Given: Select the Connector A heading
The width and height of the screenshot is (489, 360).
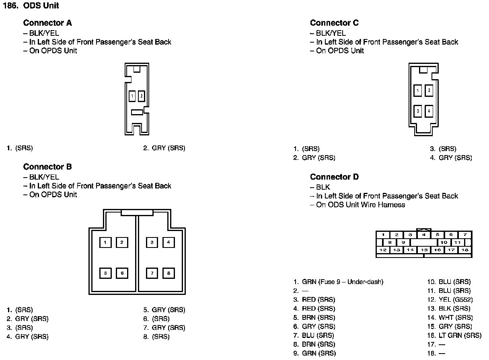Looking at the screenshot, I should coord(47,23).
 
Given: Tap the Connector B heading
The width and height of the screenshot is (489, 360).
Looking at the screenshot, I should coord(47,167).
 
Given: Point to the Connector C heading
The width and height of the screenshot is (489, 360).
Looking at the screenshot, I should coord(334,23).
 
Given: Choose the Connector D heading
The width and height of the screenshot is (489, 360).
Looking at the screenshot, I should coord(334,177).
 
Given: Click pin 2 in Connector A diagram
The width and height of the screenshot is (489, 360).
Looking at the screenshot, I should coord(142,96).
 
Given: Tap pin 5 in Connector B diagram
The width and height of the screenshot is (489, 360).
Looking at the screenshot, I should coord(105,273).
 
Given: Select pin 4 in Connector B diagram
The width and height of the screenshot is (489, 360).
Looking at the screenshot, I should coord(168,242).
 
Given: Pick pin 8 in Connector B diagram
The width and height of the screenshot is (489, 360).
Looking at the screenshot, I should coord(168,273).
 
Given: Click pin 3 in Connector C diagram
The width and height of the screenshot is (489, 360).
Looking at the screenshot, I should coord(418,110).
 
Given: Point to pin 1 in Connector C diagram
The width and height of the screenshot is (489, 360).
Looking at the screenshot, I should coord(418,91).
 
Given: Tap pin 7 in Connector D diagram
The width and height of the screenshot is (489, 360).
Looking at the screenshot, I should coord(465,235).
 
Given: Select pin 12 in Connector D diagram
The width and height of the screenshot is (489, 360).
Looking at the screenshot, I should coord(383,250).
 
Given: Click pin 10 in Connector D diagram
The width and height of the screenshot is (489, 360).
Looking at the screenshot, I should coord(444,242).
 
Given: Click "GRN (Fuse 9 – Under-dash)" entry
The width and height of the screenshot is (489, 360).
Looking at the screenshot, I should coord(343,282).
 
